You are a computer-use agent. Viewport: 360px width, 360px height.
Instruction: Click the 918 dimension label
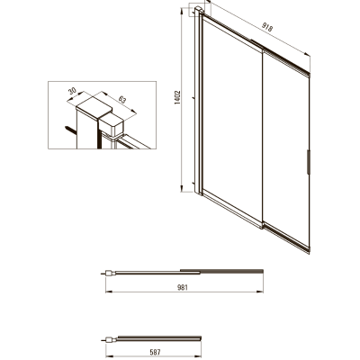tap(267, 27)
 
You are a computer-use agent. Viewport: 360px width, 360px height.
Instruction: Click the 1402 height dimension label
tap(177, 97)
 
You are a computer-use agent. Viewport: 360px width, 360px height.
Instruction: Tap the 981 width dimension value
tap(183, 287)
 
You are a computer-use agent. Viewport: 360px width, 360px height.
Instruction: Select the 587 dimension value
tap(155, 352)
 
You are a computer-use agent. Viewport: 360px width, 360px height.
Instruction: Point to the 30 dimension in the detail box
tap(72, 91)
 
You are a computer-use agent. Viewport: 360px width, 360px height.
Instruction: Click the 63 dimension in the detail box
tap(122, 100)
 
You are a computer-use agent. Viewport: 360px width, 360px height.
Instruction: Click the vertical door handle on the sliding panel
tap(308, 162)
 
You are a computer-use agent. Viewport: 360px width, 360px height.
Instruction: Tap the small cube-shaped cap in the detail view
tap(112, 125)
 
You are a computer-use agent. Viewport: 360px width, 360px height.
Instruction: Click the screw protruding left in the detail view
tap(70, 130)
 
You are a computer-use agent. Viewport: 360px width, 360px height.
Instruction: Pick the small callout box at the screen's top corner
tap(200, 10)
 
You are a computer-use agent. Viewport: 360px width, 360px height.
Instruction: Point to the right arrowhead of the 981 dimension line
tap(260, 292)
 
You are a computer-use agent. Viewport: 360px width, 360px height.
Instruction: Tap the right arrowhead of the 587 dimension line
tap(198, 356)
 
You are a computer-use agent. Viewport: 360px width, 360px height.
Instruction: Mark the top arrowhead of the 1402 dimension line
tap(182, 12)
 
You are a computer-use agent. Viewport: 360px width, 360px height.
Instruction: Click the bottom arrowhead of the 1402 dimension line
tap(182, 189)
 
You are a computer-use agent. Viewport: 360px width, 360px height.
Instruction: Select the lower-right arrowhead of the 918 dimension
tap(307, 54)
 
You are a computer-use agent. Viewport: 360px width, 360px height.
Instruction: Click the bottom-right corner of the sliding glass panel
tap(309, 253)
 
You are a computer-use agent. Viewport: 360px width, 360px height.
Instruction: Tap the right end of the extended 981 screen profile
tap(263, 272)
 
